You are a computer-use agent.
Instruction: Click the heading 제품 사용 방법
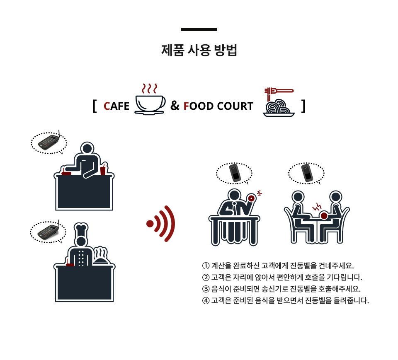(x=199, y=50)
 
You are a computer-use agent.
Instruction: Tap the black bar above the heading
(x=199, y=29)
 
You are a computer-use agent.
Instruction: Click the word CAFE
(x=116, y=106)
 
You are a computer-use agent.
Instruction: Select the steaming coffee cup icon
(x=150, y=99)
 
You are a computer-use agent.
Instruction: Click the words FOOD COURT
(x=218, y=106)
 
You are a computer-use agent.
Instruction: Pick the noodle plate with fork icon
(x=279, y=102)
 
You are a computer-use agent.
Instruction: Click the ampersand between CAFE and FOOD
(x=175, y=106)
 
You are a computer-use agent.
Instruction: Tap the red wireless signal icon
(x=161, y=224)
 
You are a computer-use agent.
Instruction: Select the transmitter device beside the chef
(x=49, y=231)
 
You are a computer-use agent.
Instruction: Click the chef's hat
(x=81, y=230)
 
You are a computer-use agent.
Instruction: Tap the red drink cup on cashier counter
(x=103, y=169)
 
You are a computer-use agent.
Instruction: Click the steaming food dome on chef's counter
(x=101, y=256)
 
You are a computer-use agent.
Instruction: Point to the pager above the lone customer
(x=235, y=173)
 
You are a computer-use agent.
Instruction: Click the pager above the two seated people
(x=307, y=173)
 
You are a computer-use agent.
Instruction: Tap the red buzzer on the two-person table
(x=324, y=216)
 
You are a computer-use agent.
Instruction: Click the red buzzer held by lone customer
(x=252, y=198)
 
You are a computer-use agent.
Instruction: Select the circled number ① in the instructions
(x=206, y=266)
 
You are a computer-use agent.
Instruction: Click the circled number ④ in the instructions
(x=206, y=301)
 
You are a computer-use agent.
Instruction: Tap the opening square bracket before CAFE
(x=95, y=106)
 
